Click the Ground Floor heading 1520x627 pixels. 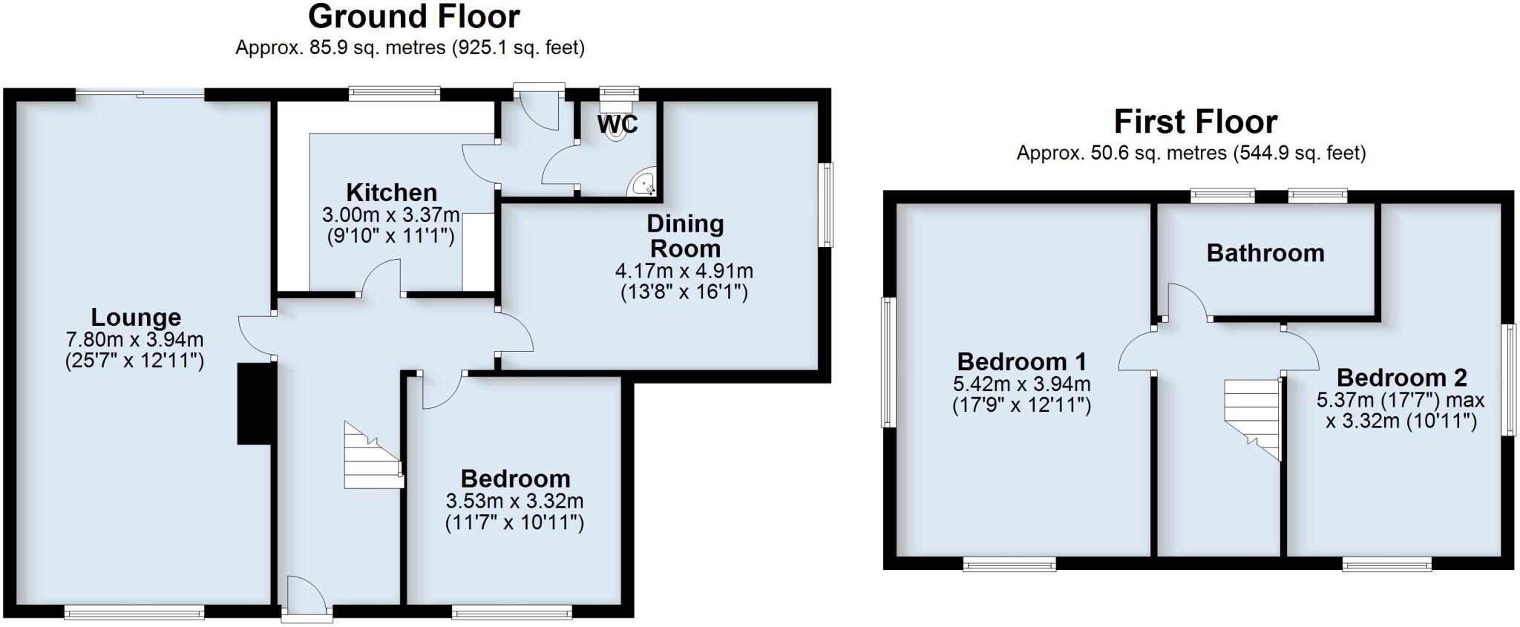413,16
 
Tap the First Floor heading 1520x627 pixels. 1195,122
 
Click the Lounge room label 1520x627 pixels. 136,318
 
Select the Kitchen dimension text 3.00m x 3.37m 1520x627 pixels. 390,216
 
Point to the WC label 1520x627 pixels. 617,124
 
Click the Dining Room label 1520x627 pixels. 684,236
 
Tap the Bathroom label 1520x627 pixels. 1265,254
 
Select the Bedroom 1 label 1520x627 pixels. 1021,362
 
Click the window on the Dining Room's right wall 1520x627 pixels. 825,205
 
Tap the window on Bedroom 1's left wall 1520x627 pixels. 888,362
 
